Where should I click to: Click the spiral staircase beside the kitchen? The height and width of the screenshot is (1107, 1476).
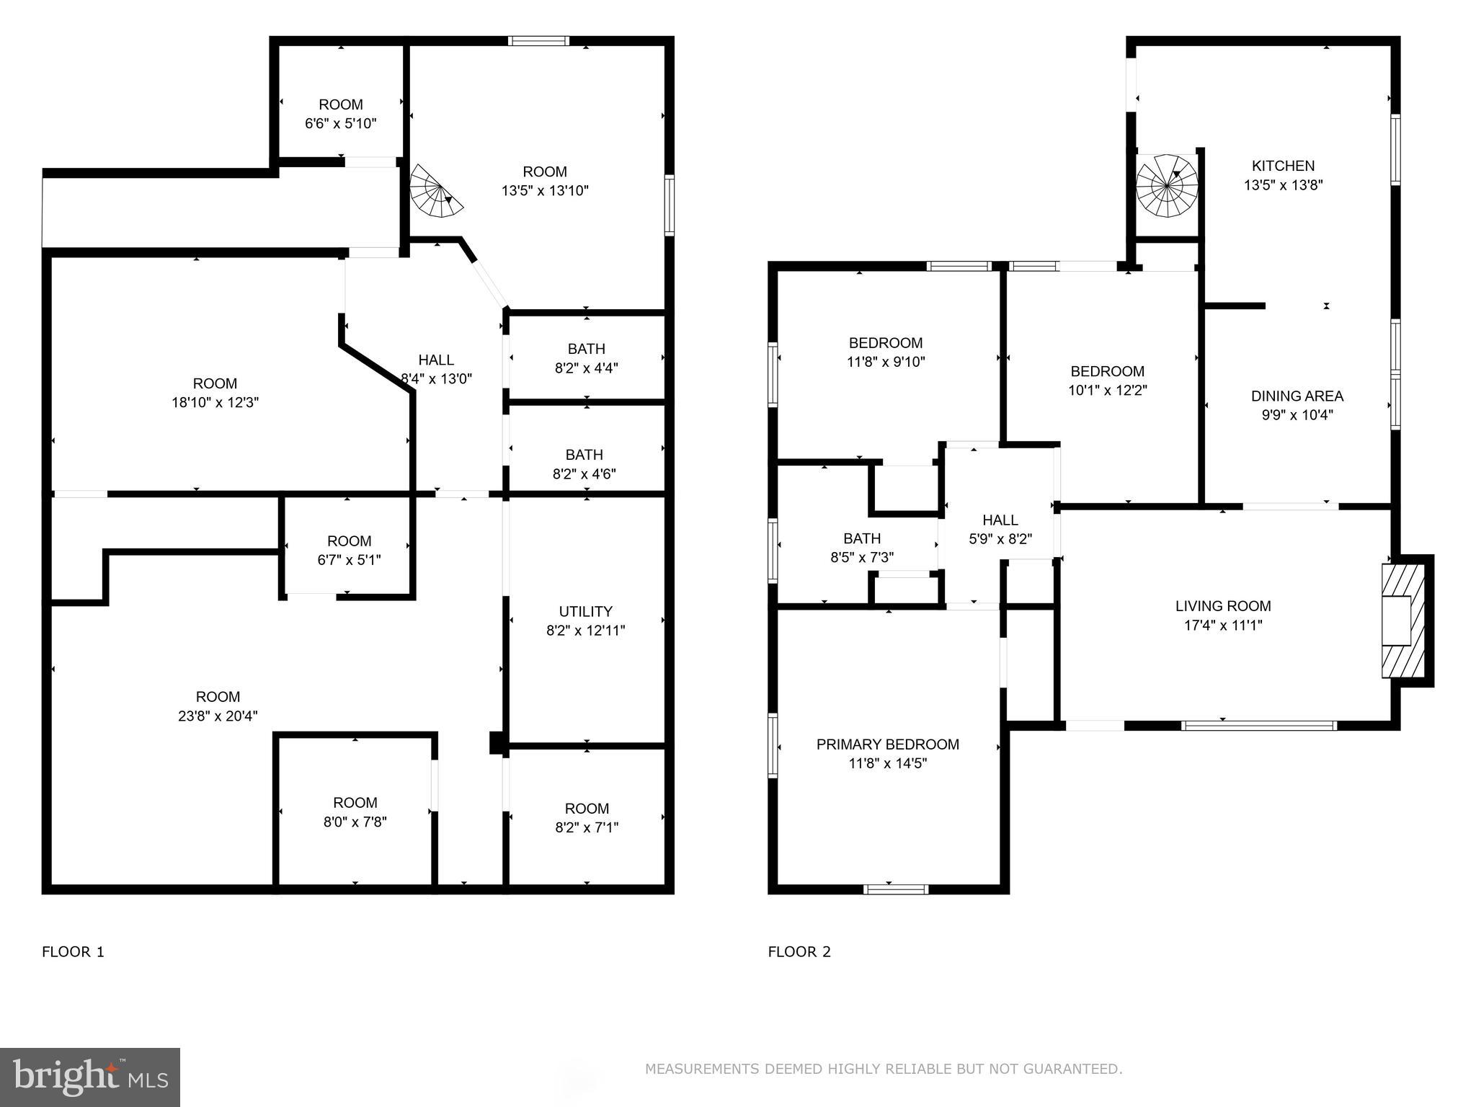[x=1166, y=187]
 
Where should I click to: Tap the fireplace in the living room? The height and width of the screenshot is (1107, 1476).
[x=1402, y=621]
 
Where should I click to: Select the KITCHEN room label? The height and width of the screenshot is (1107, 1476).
[x=1283, y=166]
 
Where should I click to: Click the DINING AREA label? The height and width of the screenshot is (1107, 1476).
[x=1297, y=396]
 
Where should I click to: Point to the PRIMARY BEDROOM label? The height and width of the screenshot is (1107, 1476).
[x=887, y=744]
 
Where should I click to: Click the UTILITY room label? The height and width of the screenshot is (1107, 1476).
[x=585, y=611]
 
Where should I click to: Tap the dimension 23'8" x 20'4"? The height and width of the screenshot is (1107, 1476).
[x=218, y=716]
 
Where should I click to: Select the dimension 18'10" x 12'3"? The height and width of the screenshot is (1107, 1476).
[x=215, y=402]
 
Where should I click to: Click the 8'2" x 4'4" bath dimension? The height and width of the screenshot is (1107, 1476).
[x=586, y=368]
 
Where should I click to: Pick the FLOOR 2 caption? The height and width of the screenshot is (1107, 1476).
[x=799, y=951]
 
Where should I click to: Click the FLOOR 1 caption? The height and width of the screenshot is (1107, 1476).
[x=73, y=951]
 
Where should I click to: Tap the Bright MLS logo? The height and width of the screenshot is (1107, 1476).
[x=89, y=1077]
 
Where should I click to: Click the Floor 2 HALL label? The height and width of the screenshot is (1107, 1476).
[x=1000, y=520]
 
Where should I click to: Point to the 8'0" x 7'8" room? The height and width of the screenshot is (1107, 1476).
[x=355, y=812]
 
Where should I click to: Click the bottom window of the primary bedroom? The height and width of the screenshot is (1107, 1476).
[x=896, y=889]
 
